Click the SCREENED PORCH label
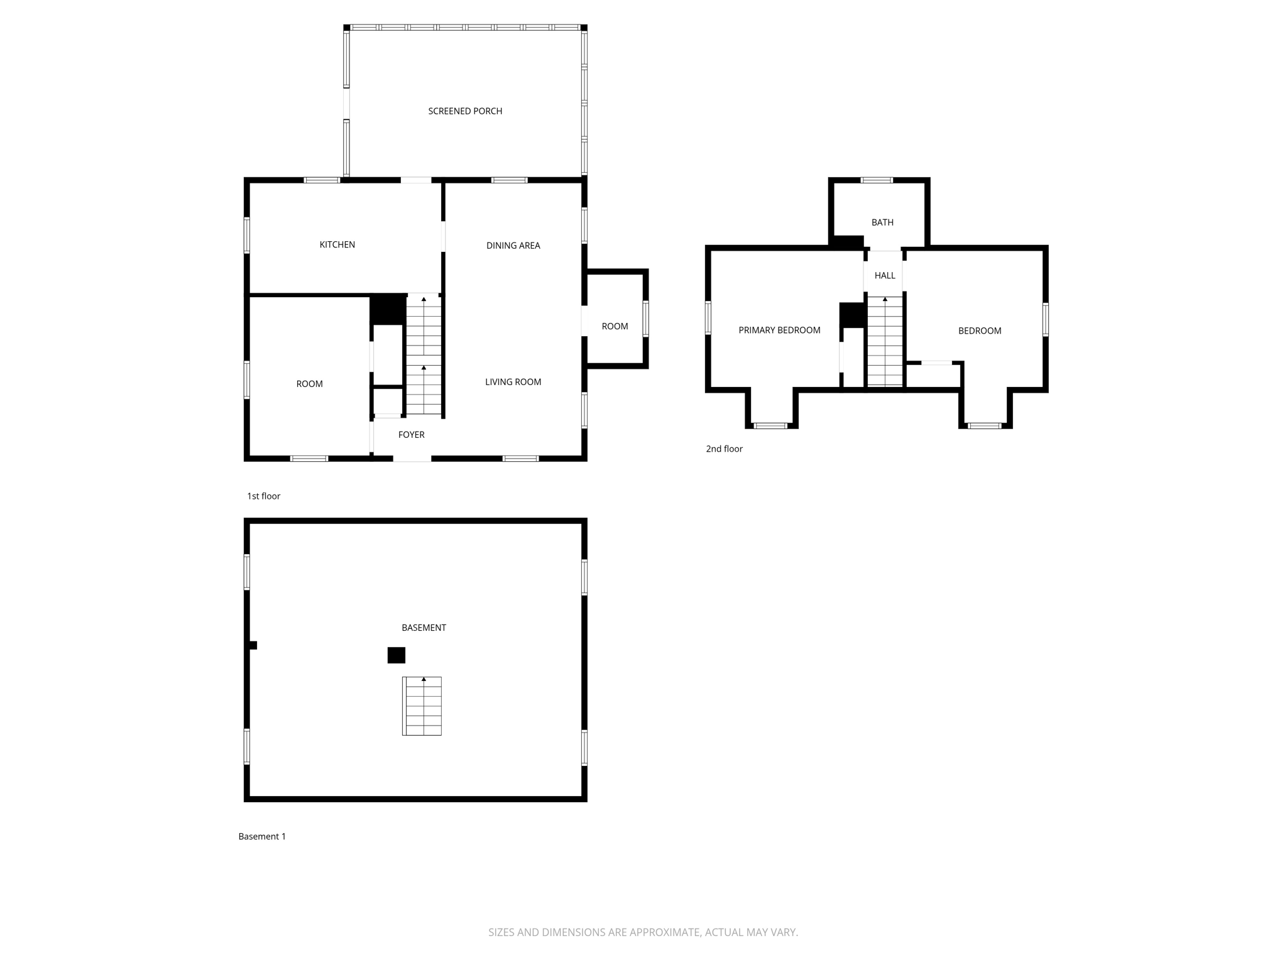[x=465, y=111]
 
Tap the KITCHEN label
[x=337, y=244]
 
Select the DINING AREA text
[x=513, y=246]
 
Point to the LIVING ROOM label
[x=513, y=382]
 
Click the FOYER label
[x=412, y=435]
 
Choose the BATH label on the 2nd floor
[x=882, y=222]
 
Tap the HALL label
[x=885, y=275]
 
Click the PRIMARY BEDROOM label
[x=779, y=330]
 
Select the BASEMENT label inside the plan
[x=424, y=628]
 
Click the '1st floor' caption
[x=263, y=496]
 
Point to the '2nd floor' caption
[x=724, y=449]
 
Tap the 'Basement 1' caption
[x=262, y=836]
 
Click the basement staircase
[x=422, y=706]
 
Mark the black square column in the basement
[x=396, y=655]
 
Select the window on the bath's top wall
[x=877, y=180]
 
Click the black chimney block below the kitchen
[x=387, y=309]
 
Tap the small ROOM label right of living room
[x=615, y=326]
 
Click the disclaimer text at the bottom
[x=643, y=932]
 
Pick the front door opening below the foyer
[x=412, y=459]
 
